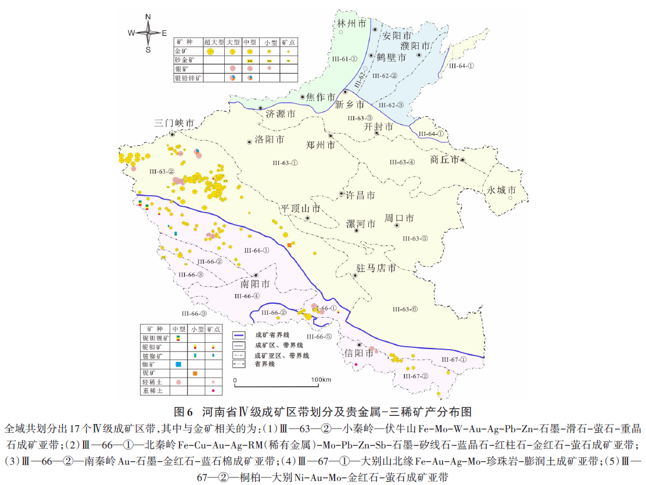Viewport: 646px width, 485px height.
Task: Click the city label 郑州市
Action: pos(319,145)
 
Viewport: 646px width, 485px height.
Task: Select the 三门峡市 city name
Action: pos(174,123)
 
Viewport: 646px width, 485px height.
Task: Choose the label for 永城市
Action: pos(501,190)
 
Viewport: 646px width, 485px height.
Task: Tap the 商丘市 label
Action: pos(444,159)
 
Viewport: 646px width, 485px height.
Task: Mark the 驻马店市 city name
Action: pos(375,268)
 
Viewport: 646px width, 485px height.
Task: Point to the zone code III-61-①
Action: pos(344,59)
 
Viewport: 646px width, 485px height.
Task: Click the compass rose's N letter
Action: pos(148,16)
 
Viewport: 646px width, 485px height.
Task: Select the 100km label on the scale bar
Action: pos(321,380)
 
